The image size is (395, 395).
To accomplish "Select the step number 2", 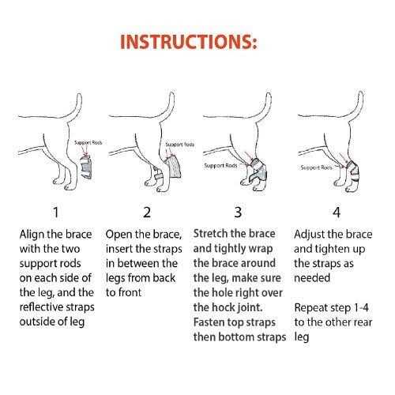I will (x=146, y=212).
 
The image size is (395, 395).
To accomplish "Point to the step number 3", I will (x=238, y=212).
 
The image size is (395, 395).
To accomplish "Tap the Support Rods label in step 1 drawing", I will (x=87, y=142).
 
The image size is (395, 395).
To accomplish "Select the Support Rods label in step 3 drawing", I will (x=219, y=165).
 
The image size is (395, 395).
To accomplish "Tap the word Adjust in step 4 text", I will (x=311, y=235).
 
